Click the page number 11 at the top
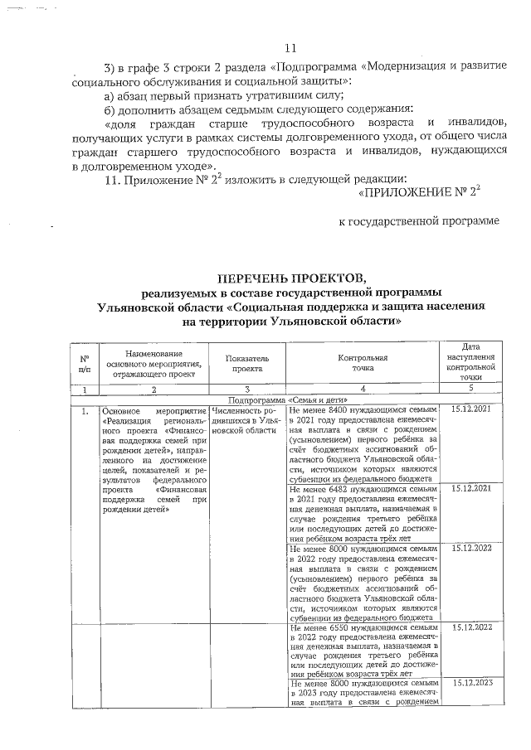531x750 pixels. point(290,47)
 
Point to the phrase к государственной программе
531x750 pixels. point(421,221)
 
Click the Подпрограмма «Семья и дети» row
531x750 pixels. point(290,399)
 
